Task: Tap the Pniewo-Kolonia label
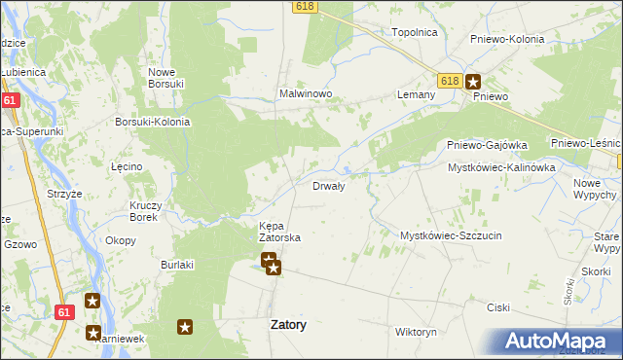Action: [506, 39]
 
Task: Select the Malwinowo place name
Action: [307, 94]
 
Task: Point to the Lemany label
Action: [415, 94]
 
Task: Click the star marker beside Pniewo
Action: [472, 83]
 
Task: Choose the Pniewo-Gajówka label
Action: [487, 145]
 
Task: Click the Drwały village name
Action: [328, 186]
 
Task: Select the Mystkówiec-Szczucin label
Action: [451, 235]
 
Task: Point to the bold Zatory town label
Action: [287, 326]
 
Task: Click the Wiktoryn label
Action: [416, 332]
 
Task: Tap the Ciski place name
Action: [498, 307]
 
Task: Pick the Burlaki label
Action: [178, 264]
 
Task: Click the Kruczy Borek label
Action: [151, 211]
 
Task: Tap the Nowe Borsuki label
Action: [166, 78]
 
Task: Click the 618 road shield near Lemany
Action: [448, 81]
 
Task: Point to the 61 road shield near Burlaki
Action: [64, 312]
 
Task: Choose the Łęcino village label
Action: [127, 166]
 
